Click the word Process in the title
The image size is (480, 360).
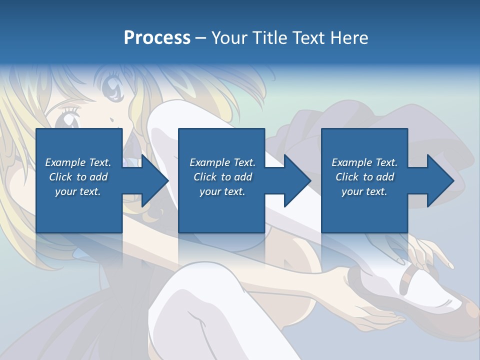(x=157, y=38)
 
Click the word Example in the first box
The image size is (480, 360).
(x=65, y=162)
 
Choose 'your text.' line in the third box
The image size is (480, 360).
(x=364, y=191)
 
